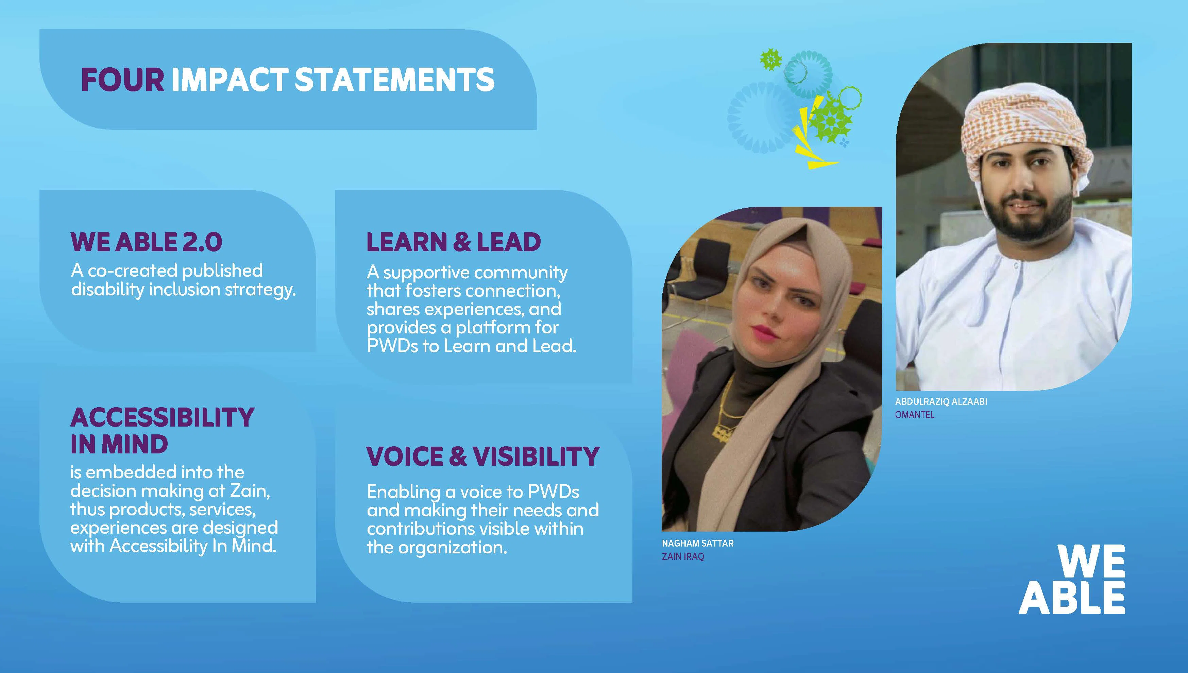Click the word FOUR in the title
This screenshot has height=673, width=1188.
click(122, 80)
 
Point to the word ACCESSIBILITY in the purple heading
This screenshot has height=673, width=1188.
click(162, 417)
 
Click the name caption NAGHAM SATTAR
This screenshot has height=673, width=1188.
click(698, 543)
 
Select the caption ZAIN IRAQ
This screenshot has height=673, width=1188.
click(683, 556)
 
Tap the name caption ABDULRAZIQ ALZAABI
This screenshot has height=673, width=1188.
click(941, 401)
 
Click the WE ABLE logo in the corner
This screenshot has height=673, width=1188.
click(1072, 580)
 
